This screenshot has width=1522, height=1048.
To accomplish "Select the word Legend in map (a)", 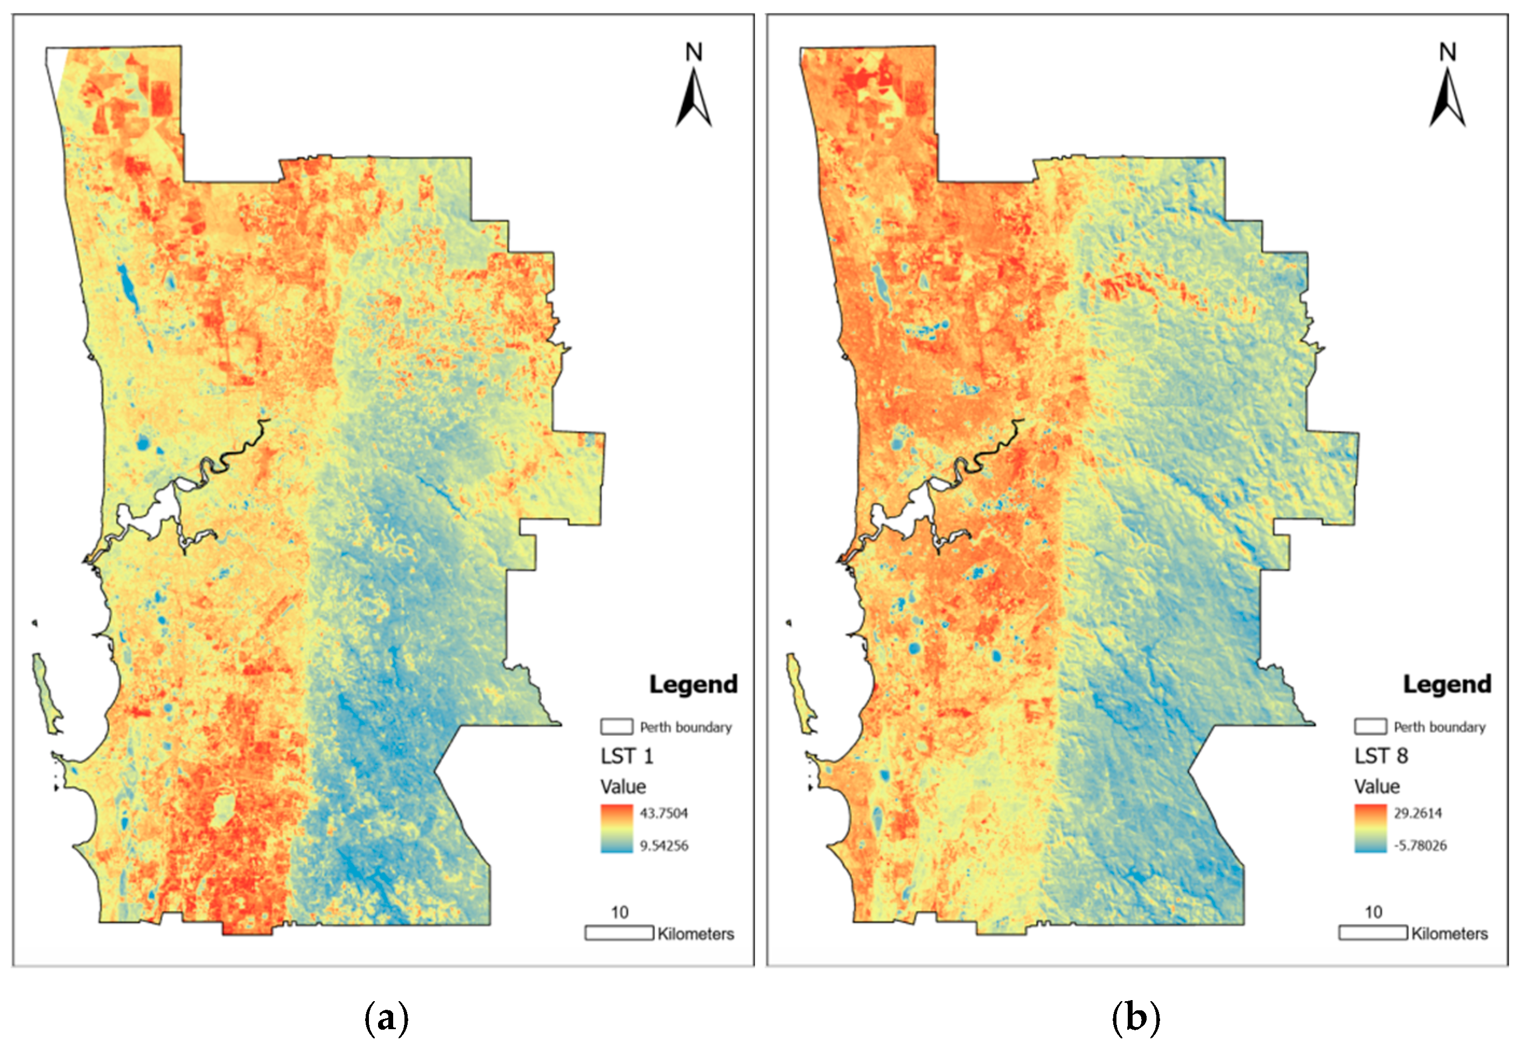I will [693, 684].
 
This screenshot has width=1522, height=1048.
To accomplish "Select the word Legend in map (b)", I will [1447, 684].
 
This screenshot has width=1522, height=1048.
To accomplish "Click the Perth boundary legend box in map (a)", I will [616, 726].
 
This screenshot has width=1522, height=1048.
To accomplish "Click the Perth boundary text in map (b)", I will [1439, 727].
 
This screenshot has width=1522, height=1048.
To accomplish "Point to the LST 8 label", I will [1381, 756].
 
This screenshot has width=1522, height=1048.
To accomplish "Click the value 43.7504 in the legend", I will [664, 813].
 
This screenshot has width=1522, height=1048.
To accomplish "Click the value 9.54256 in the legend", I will [664, 845].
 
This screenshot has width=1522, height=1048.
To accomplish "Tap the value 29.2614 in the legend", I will [1418, 813].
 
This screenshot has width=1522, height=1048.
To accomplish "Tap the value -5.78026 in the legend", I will [1420, 845].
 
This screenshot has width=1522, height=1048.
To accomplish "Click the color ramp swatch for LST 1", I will [616, 829].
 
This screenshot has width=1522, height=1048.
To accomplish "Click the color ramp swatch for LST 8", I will [1370, 829].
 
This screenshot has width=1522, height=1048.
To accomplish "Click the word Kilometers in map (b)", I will [1449, 933].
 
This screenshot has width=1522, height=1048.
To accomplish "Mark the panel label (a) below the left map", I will [386, 1018].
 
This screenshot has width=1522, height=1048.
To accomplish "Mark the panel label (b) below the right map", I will [1136, 1018].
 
